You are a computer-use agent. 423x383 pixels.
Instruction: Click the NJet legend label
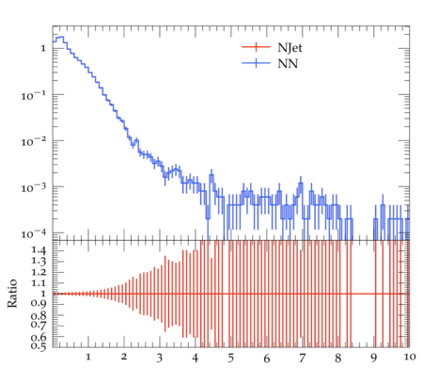(290, 48)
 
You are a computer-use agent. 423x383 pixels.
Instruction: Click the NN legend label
(288, 64)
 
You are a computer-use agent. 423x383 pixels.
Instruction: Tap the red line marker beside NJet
(256, 47)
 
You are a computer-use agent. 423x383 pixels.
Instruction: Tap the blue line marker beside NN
(256, 63)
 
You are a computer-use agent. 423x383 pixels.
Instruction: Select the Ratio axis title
(12, 294)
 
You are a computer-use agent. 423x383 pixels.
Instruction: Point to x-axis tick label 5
(231, 358)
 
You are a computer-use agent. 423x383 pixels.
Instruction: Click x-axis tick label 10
(410, 357)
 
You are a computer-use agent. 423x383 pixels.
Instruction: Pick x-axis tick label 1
(88, 357)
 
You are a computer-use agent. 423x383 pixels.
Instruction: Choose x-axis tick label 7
(302, 358)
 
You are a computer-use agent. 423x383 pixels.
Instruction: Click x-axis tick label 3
(160, 358)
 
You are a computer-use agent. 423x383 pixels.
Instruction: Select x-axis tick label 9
(373, 358)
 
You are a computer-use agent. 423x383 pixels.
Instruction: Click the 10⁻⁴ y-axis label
(34, 234)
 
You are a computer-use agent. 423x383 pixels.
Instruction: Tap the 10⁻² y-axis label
(34, 142)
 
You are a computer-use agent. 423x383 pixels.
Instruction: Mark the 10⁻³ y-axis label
(34, 188)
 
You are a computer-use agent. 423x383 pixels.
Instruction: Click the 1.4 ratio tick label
(39, 250)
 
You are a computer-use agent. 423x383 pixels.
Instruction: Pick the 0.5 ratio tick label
(39, 346)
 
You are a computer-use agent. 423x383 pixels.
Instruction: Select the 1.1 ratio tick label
(39, 283)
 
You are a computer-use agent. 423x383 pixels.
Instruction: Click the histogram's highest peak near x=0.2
(60, 37)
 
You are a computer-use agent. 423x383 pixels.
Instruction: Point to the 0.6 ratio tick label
(39, 337)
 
